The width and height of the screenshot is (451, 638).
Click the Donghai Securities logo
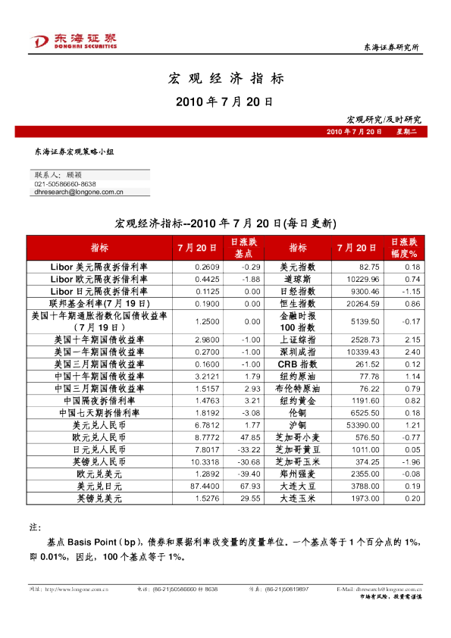click(x=73, y=41)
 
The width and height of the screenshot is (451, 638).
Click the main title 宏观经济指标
click(x=225, y=79)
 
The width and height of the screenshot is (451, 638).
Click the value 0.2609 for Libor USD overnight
click(x=207, y=267)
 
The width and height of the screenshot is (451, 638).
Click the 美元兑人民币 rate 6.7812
click(x=207, y=427)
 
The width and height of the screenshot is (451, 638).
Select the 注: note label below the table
click(x=34, y=526)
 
